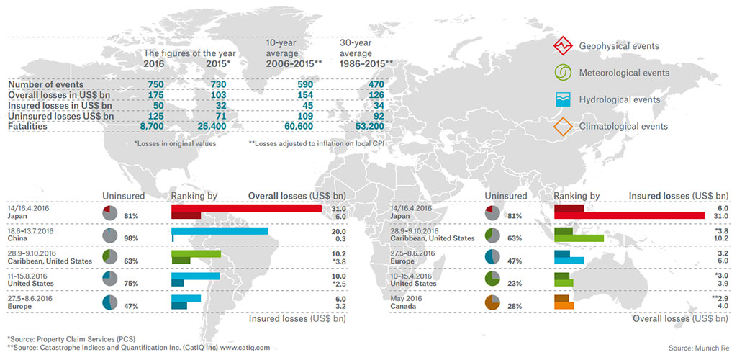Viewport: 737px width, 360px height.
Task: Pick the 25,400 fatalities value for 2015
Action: (x=214, y=126)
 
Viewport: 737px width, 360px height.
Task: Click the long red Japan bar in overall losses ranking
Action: (x=246, y=208)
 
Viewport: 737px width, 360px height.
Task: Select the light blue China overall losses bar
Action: (x=220, y=231)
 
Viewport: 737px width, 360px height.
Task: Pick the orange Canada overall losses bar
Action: (x=564, y=307)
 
